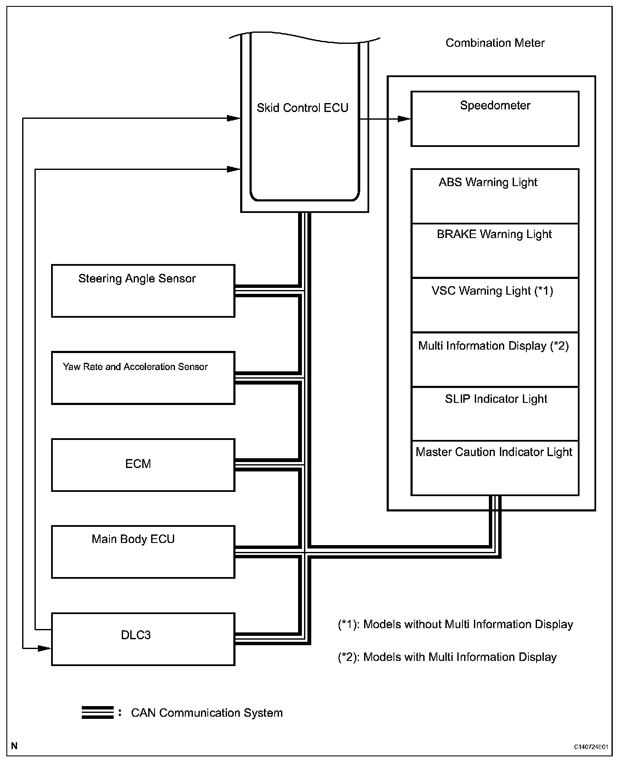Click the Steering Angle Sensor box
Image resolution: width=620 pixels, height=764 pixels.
point(143,291)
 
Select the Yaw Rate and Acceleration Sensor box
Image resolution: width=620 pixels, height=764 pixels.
point(143,378)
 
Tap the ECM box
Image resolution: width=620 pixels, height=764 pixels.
point(143,465)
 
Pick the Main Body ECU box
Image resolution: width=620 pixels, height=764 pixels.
point(143,551)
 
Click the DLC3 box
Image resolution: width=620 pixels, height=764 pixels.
point(143,639)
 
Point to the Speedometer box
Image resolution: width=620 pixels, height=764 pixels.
point(495,118)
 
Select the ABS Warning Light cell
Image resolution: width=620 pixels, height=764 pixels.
point(495,196)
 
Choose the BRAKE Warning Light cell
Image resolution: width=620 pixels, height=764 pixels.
point(495,250)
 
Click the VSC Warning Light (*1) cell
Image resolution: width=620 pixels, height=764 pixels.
point(495,305)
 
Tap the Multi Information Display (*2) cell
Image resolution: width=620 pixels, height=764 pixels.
point(495,359)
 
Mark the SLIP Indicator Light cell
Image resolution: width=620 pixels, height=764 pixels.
point(495,414)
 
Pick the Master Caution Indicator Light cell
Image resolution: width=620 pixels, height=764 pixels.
point(495,468)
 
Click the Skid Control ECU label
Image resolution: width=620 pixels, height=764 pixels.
point(302,108)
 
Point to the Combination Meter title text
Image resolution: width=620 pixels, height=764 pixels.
point(495,43)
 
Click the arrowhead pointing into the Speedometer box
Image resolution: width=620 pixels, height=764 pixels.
point(405,119)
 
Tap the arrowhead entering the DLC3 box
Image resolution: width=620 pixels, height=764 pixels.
point(45,648)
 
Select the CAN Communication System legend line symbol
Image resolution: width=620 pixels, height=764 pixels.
point(98,712)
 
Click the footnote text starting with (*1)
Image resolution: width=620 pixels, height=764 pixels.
point(455,624)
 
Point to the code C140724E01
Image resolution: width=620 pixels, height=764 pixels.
point(590,747)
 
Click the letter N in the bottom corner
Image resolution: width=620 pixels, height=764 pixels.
point(14,746)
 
